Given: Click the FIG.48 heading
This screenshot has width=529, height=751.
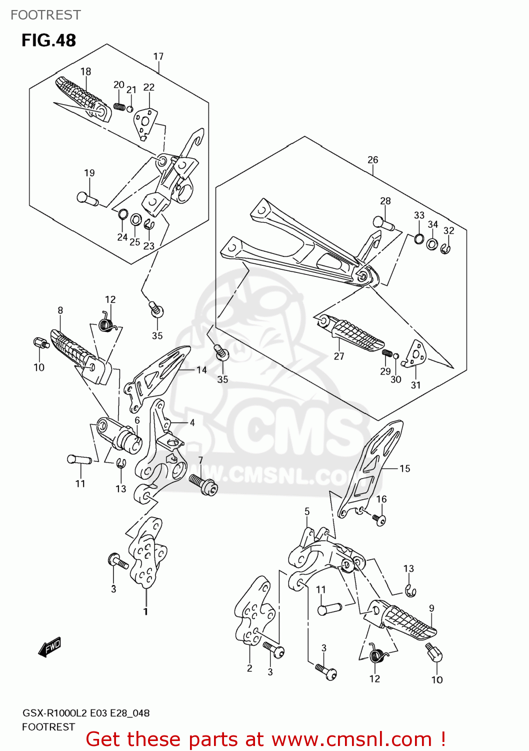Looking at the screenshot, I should click(48, 40).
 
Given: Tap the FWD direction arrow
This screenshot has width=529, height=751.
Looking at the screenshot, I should click(49, 646).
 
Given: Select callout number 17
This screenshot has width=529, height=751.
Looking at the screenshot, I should click(158, 57).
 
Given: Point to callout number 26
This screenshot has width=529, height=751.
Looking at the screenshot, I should click(373, 160).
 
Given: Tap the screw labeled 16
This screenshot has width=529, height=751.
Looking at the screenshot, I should click(379, 520).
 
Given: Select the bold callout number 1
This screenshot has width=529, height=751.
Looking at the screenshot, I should click(145, 611).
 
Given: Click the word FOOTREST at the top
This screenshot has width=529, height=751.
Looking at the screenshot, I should click(45, 15).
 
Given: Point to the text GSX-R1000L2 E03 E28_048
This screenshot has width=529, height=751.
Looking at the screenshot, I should click(85, 713).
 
